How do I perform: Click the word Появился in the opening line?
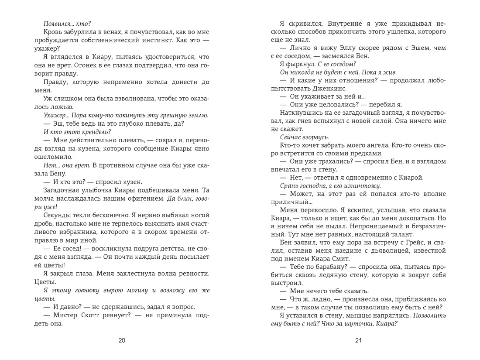[60, 24]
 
